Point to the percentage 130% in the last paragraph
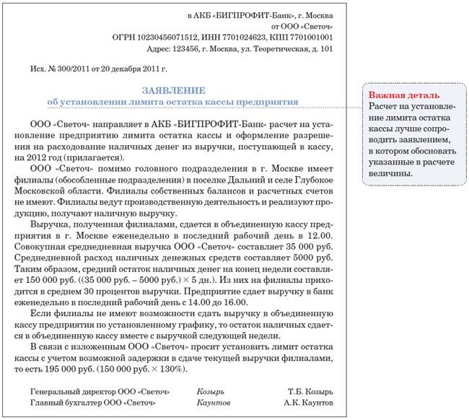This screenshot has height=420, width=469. coord(173,369)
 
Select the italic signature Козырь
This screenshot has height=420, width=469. coord(211,391)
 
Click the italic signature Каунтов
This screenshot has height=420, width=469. coord(213,402)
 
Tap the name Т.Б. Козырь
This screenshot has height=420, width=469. coord(310,391)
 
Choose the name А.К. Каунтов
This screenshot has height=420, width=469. coord(308,402)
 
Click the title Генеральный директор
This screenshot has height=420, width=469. coord(69,391)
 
